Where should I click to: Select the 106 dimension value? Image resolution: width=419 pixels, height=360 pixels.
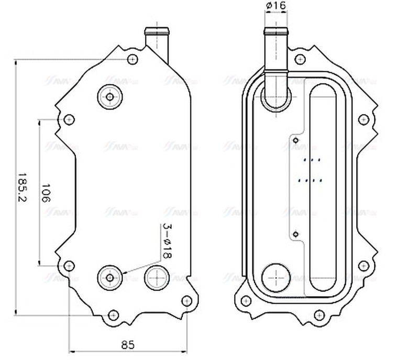point(46,193)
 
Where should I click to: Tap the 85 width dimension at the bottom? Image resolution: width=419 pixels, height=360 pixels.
point(128,344)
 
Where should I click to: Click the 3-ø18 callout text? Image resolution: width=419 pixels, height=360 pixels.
point(167,242)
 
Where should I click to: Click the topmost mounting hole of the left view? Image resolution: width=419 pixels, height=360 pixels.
point(133,58)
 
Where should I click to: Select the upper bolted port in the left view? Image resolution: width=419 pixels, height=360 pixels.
point(110,96)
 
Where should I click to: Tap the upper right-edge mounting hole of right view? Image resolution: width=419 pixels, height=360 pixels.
point(363,119)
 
